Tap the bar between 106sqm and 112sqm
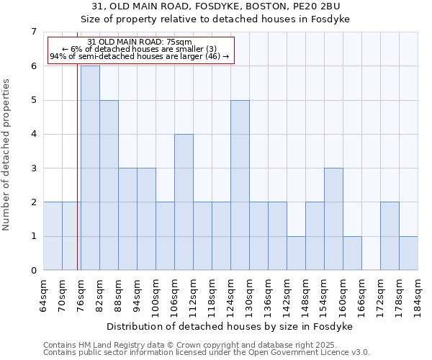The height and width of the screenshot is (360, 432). [x=184, y=202]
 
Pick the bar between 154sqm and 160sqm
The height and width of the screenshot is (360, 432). [x=333, y=219]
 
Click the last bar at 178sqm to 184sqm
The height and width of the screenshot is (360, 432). [x=408, y=253]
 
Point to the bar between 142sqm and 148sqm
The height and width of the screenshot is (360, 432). [x=296, y=253]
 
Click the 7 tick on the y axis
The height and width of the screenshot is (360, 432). [x=33, y=32]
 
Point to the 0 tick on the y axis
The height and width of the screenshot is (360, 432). [x=33, y=271]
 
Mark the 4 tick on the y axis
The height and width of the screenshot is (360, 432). [x=33, y=134]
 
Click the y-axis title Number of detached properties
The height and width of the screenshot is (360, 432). [x=7, y=155]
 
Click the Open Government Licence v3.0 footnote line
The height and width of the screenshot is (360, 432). [x=206, y=353]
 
